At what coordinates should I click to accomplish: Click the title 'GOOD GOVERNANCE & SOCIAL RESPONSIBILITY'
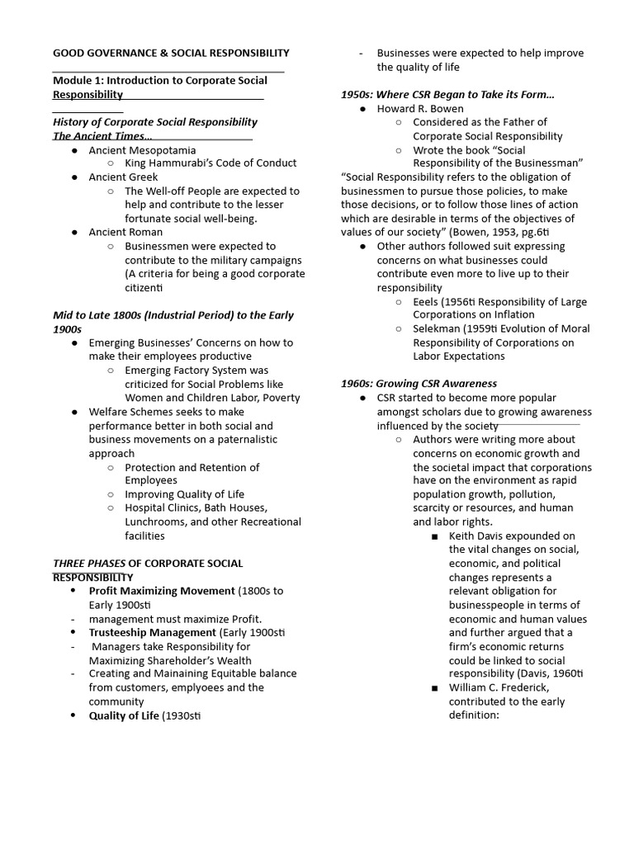(171, 53)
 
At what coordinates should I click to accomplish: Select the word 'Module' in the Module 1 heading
(73, 81)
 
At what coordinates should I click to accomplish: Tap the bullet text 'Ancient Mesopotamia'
(142, 150)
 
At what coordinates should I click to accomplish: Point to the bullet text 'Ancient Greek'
(123, 177)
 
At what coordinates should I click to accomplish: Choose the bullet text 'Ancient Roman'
(126, 233)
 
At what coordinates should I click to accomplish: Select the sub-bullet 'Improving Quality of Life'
(184, 495)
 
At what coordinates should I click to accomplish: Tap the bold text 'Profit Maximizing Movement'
(162, 591)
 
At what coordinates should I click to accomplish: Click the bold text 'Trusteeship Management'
(153, 633)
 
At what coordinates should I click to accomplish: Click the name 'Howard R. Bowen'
(420, 109)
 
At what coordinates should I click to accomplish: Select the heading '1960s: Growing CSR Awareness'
(419, 384)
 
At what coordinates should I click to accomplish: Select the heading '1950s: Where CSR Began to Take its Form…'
(447, 95)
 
